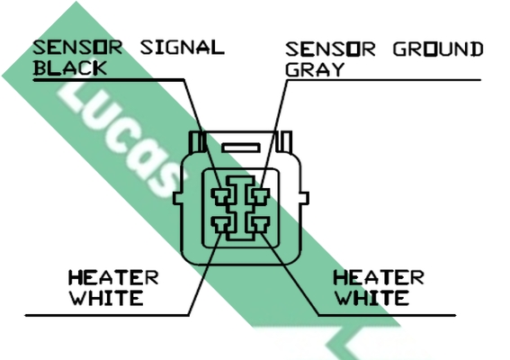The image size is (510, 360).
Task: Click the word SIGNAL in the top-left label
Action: coord(182,48)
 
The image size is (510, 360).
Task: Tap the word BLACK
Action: coord(70,68)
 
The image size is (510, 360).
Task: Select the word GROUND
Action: coord(438,49)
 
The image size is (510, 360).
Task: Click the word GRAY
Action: coord(315,69)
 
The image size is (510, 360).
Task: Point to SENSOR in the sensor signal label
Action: coord(77,48)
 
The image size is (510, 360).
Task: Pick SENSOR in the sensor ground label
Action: coord(330,49)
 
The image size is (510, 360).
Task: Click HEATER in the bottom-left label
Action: coord(113,277)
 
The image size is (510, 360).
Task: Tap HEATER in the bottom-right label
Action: coord(379,277)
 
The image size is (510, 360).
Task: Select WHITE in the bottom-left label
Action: coord(107,298)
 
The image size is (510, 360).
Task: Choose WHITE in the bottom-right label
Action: coord(372,298)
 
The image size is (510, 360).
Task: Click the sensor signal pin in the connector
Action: coord(221,196)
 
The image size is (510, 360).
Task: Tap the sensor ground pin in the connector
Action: coord(260,196)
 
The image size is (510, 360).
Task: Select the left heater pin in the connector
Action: coord(221,225)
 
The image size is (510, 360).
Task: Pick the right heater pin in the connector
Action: coord(260,225)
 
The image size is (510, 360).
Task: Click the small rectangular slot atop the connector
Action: coord(241,148)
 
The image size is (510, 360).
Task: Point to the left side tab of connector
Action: coord(177,198)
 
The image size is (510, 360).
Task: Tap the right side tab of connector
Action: coord(304,198)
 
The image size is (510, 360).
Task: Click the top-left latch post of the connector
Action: coord(197,141)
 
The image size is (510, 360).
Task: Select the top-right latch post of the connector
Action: coord(284,141)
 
